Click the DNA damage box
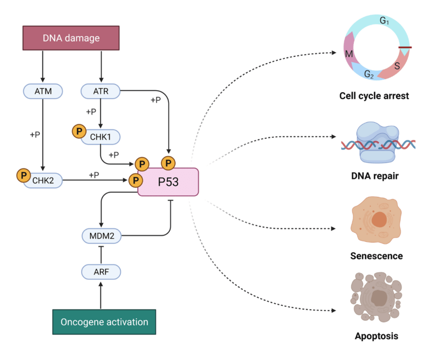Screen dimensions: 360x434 [x=71, y=38]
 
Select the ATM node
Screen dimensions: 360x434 [x=43, y=90]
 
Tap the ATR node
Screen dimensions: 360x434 [x=101, y=90]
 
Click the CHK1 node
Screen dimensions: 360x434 [x=104, y=137]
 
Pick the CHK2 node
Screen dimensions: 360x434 [x=45, y=181]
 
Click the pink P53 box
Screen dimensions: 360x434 [x=168, y=182]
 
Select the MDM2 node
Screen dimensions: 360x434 [x=101, y=235]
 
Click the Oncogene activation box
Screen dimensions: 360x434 [x=104, y=322]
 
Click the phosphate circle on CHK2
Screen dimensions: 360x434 [x=22, y=175]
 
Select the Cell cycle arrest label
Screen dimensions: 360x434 [x=374, y=96]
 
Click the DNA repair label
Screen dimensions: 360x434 [x=375, y=176]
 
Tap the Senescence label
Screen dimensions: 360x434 [x=376, y=256]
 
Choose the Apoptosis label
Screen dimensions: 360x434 [x=376, y=337]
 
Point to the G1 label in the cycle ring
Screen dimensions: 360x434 [x=385, y=20]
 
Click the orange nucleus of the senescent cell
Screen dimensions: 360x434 [x=379, y=220]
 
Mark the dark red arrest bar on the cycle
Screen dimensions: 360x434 [x=405, y=47]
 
